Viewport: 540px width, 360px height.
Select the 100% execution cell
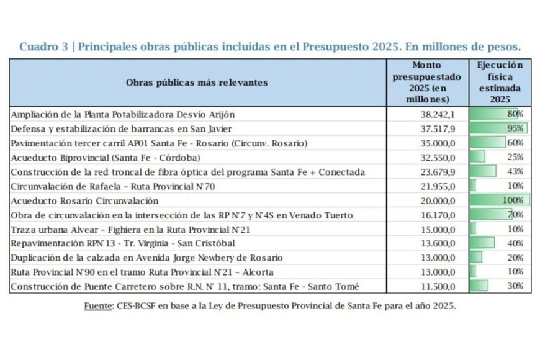513,200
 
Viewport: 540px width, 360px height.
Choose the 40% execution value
515,243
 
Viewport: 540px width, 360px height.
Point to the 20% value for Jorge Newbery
515,258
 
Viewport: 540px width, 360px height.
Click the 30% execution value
515,286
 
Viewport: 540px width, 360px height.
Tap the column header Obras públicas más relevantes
197,82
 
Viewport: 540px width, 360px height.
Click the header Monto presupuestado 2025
427,82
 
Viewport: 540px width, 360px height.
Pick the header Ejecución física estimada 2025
500,82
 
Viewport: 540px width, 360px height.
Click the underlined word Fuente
99,306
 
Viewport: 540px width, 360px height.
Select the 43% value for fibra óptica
515,171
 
